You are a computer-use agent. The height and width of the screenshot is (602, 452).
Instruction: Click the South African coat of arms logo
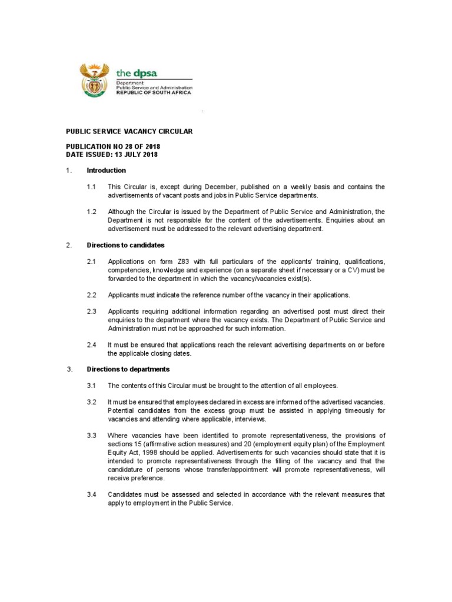[x=94, y=81]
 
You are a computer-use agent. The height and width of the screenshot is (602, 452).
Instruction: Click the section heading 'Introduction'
[x=106, y=170]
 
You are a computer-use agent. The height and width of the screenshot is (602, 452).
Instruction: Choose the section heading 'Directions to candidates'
[x=125, y=245]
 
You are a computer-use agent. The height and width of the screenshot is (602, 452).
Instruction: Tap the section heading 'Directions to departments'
[x=128, y=369]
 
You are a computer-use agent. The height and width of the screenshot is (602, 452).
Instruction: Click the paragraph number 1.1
[x=92, y=187]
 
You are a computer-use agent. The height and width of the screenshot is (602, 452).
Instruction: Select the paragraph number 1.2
[x=92, y=212]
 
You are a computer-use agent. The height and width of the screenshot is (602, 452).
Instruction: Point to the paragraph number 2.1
[x=92, y=261]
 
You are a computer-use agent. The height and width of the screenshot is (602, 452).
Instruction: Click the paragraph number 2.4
[x=92, y=345]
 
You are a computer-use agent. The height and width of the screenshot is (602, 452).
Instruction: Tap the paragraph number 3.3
[x=92, y=435]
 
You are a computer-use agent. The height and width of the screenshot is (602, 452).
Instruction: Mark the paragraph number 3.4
[x=92, y=494]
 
